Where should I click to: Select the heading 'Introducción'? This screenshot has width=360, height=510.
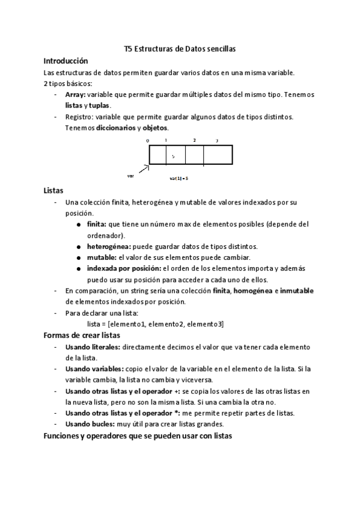pos(66,61)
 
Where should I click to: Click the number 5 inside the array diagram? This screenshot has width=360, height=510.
pos(173,156)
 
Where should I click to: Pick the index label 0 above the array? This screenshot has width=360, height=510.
pos(147,141)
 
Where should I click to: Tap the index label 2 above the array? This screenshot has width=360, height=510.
pos(194,140)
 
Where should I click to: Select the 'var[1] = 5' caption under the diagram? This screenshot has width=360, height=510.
pos(179,178)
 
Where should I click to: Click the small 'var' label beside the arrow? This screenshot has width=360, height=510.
pos(130,176)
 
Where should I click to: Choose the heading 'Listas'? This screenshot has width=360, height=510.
pos(53,190)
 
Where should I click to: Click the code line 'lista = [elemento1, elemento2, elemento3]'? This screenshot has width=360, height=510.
pos(156,324)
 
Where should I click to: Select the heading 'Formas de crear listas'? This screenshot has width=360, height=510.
pos(82,335)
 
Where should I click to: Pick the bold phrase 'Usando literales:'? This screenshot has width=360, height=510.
pos(94,347)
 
